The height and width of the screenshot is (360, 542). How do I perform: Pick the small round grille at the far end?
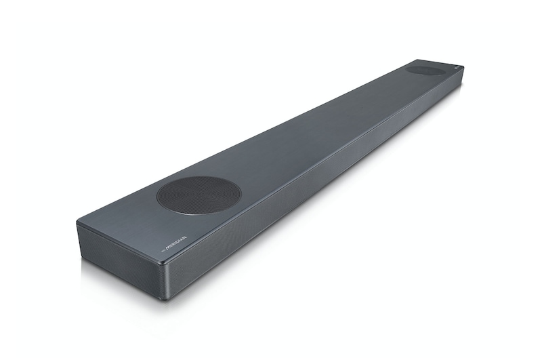click(425, 70)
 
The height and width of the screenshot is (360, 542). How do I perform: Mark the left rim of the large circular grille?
click(158, 197)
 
